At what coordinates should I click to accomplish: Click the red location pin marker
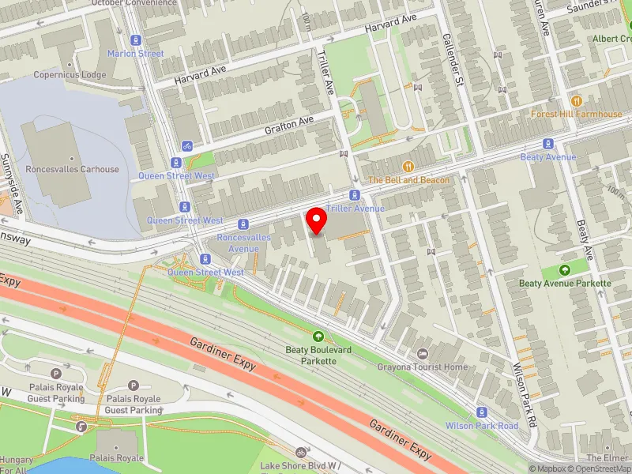(x=316, y=220)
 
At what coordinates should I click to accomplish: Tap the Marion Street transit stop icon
(x=136, y=39)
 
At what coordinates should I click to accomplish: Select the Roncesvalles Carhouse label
(x=72, y=169)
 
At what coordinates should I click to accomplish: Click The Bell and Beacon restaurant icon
(x=408, y=167)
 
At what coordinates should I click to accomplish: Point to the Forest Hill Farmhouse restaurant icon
(x=576, y=100)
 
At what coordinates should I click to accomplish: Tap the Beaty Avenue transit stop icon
(x=547, y=144)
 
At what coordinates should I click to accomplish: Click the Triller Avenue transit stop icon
(x=355, y=195)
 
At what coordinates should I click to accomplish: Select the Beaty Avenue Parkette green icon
(x=565, y=270)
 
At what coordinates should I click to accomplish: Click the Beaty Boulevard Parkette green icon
(x=318, y=337)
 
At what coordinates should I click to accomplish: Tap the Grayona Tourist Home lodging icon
(x=423, y=353)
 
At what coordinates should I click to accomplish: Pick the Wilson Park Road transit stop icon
(x=482, y=412)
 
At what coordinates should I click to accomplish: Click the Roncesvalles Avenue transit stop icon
(x=243, y=224)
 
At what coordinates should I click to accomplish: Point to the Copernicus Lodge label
(x=70, y=75)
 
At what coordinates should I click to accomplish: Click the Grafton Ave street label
(x=289, y=124)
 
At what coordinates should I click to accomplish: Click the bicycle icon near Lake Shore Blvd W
(x=300, y=453)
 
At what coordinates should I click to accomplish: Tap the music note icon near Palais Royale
(x=81, y=426)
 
